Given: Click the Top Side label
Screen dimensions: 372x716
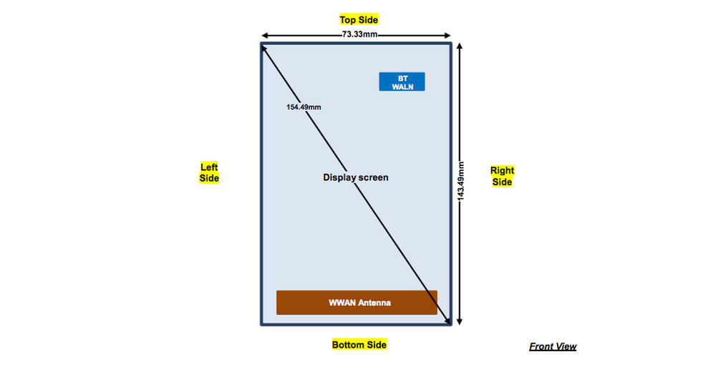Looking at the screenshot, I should [359, 19].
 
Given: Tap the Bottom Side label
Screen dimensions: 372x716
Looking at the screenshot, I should [359, 345].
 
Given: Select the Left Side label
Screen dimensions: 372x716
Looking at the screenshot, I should [209, 172].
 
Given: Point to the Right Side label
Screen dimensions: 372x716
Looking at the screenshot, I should [502, 176].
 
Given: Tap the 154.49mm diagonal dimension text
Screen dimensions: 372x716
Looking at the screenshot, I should [304, 107].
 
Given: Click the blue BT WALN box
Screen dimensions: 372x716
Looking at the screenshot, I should [402, 82].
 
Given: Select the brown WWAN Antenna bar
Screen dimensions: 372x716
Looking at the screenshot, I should [357, 303].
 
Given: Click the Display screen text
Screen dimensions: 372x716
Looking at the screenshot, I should [356, 177].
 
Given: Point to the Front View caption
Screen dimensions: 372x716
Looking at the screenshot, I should [553, 347].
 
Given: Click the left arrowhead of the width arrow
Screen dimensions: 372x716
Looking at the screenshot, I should [264, 35].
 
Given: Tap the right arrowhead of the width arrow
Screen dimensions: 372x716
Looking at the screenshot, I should [447, 35].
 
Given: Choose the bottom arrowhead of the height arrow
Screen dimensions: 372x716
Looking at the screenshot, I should [460, 321].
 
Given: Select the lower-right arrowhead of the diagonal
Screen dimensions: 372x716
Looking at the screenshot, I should [447, 322].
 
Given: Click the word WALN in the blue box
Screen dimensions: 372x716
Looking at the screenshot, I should [402, 87].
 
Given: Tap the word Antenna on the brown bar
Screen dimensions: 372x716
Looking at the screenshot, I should [374, 303].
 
